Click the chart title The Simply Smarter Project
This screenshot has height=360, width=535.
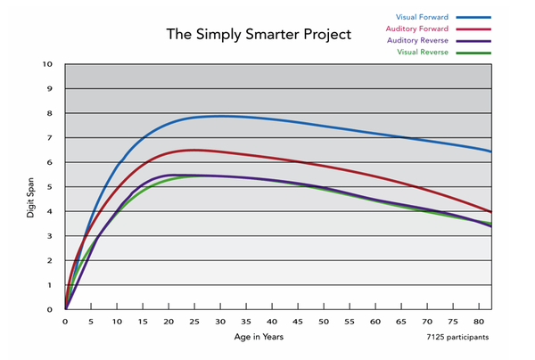[x=259, y=35]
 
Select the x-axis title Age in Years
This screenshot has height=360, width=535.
[x=265, y=339]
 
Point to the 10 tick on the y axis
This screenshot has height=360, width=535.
[x=48, y=64]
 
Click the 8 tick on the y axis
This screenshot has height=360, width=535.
[x=50, y=113]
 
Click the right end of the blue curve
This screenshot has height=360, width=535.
[x=490, y=151]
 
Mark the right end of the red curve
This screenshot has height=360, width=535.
[x=490, y=212]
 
